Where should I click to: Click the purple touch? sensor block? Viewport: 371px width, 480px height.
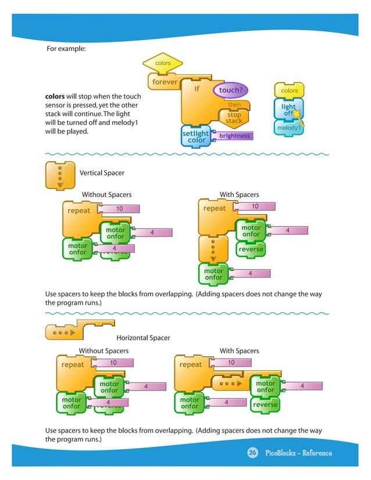point(231,90)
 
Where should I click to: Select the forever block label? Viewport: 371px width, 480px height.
point(165,82)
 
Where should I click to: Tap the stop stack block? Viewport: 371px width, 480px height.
point(234,117)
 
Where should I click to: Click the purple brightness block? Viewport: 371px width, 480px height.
point(234,136)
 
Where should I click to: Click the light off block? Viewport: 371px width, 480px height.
point(289,110)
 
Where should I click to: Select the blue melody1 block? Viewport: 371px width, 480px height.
point(288,128)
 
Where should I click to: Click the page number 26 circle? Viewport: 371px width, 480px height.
point(253,453)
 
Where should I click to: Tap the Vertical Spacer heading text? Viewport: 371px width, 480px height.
point(102,173)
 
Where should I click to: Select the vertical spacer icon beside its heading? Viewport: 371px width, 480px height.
point(59,175)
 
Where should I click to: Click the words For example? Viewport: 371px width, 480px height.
point(66,49)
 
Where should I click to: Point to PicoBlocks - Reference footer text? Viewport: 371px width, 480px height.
point(298,453)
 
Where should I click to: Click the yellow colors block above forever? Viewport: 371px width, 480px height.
point(163,63)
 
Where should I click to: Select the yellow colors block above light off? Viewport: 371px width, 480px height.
point(289,91)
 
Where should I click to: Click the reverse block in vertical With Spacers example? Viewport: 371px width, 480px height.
point(251,249)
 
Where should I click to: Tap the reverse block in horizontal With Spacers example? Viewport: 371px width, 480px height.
point(265,404)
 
